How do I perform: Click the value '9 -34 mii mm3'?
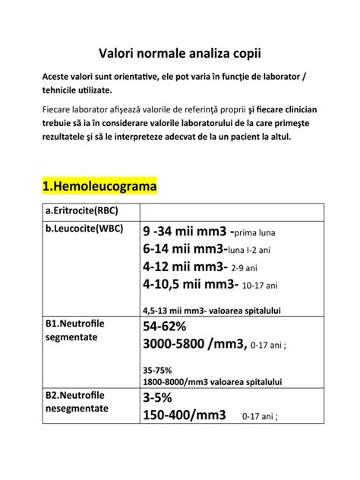click(x=185, y=231)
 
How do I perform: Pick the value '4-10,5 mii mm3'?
click(x=190, y=285)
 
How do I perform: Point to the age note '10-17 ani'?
click(x=261, y=286)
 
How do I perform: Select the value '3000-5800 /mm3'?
click(x=194, y=345)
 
